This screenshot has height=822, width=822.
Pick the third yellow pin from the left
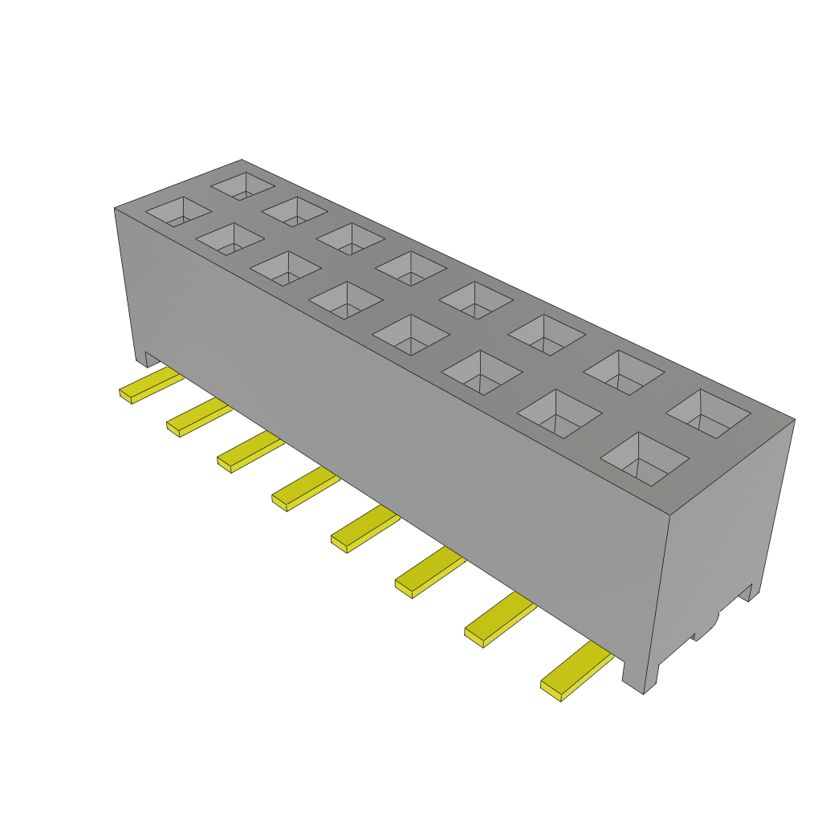click(x=248, y=451)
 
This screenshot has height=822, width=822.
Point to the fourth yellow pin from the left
click(x=304, y=490)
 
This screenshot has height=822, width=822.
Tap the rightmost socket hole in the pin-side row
click(x=645, y=459)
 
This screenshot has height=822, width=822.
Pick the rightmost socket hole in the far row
click(x=708, y=413)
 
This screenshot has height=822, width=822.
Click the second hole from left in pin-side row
click(x=230, y=238)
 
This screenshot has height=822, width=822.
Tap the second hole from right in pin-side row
click(x=560, y=413)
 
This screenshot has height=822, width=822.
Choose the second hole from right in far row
click(x=624, y=372)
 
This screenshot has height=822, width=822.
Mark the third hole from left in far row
click(x=350, y=238)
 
